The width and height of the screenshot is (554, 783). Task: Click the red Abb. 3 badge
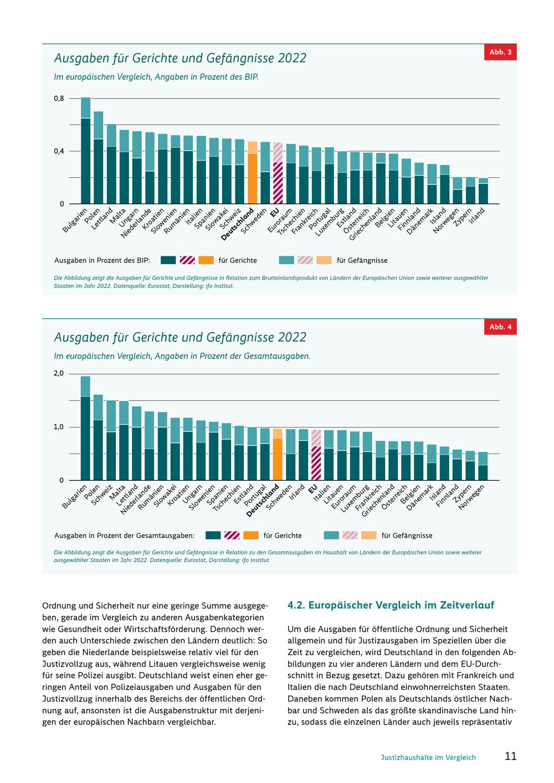(x=500, y=52)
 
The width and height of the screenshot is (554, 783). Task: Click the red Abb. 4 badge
(x=500, y=327)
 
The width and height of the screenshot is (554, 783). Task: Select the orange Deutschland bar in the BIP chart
(x=252, y=173)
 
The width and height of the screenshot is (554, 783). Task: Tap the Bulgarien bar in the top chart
(x=86, y=151)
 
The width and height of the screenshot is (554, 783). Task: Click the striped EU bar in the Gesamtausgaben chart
(x=316, y=455)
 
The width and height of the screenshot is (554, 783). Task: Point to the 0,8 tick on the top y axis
(x=59, y=99)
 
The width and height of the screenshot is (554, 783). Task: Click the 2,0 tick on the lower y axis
(x=58, y=374)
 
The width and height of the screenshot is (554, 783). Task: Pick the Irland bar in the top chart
(x=483, y=191)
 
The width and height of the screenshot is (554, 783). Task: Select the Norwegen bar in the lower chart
(x=483, y=466)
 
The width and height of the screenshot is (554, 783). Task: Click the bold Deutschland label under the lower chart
(x=263, y=501)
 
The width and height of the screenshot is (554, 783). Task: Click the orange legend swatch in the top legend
(x=206, y=260)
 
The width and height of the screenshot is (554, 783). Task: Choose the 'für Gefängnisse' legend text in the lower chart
(x=407, y=535)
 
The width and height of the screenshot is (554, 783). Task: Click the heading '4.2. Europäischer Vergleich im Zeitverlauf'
(x=391, y=605)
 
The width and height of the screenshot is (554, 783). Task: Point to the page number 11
(x=511, y=756)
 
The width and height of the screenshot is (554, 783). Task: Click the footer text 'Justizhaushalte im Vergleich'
(x=428, y=757)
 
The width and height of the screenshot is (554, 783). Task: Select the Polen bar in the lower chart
(x=98, y=437)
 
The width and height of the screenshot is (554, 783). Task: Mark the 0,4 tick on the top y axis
(x=59, y=151)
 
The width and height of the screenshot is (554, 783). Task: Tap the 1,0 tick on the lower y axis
(x=58, y=427)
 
